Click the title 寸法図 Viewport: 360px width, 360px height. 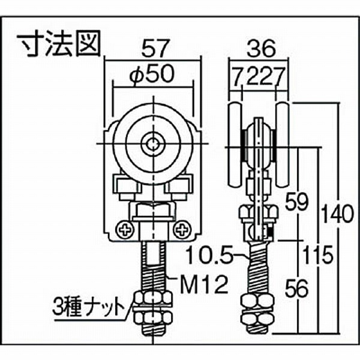59,43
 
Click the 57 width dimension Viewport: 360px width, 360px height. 155,49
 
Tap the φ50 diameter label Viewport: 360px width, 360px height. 152,74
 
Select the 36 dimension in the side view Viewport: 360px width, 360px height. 262,49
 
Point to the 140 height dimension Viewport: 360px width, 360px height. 337,214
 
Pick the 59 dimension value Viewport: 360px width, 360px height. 296,202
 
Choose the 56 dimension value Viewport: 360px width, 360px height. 296,289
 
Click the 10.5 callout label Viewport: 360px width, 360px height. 209,255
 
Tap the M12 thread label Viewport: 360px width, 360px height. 204,284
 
